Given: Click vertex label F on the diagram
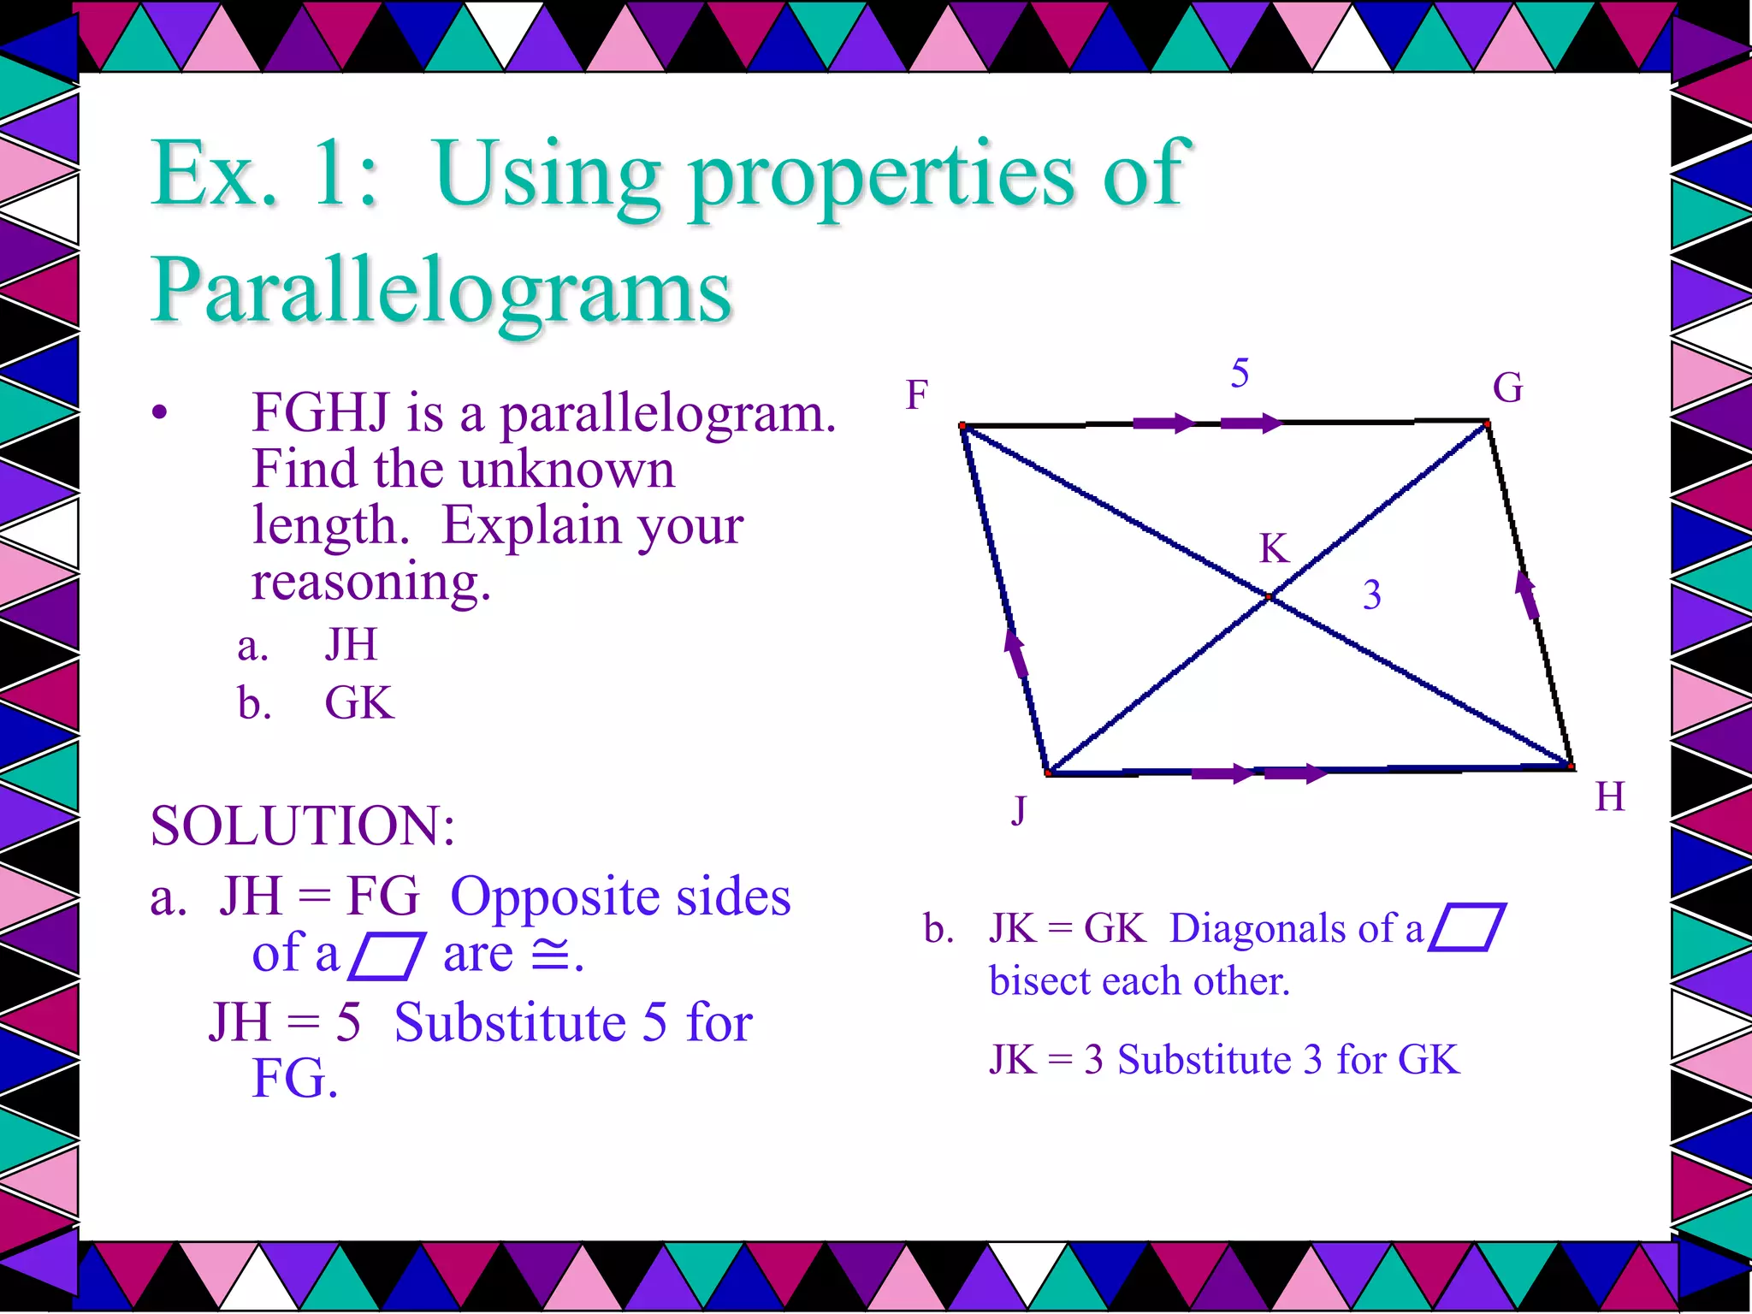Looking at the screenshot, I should point(917,395).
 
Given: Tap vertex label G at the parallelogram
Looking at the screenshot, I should point(1507,388).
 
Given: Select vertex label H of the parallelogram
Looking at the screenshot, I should point(1610,796).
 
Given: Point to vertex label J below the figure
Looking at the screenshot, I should point(1018,809).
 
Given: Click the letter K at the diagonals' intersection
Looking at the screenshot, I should point(1274,548).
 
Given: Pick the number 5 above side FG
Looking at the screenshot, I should point(1240,373).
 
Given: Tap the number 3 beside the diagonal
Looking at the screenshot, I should point(1371,595).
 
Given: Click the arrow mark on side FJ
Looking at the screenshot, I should point(1015,654).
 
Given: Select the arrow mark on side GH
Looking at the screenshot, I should point(1526,594).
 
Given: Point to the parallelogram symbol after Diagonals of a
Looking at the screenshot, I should point(1467,927).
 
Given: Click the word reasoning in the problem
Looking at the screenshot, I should point(371,582).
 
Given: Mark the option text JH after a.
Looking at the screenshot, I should point(351,644).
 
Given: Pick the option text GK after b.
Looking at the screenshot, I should point(359,703).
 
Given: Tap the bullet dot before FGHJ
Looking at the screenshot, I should point(159,414).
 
